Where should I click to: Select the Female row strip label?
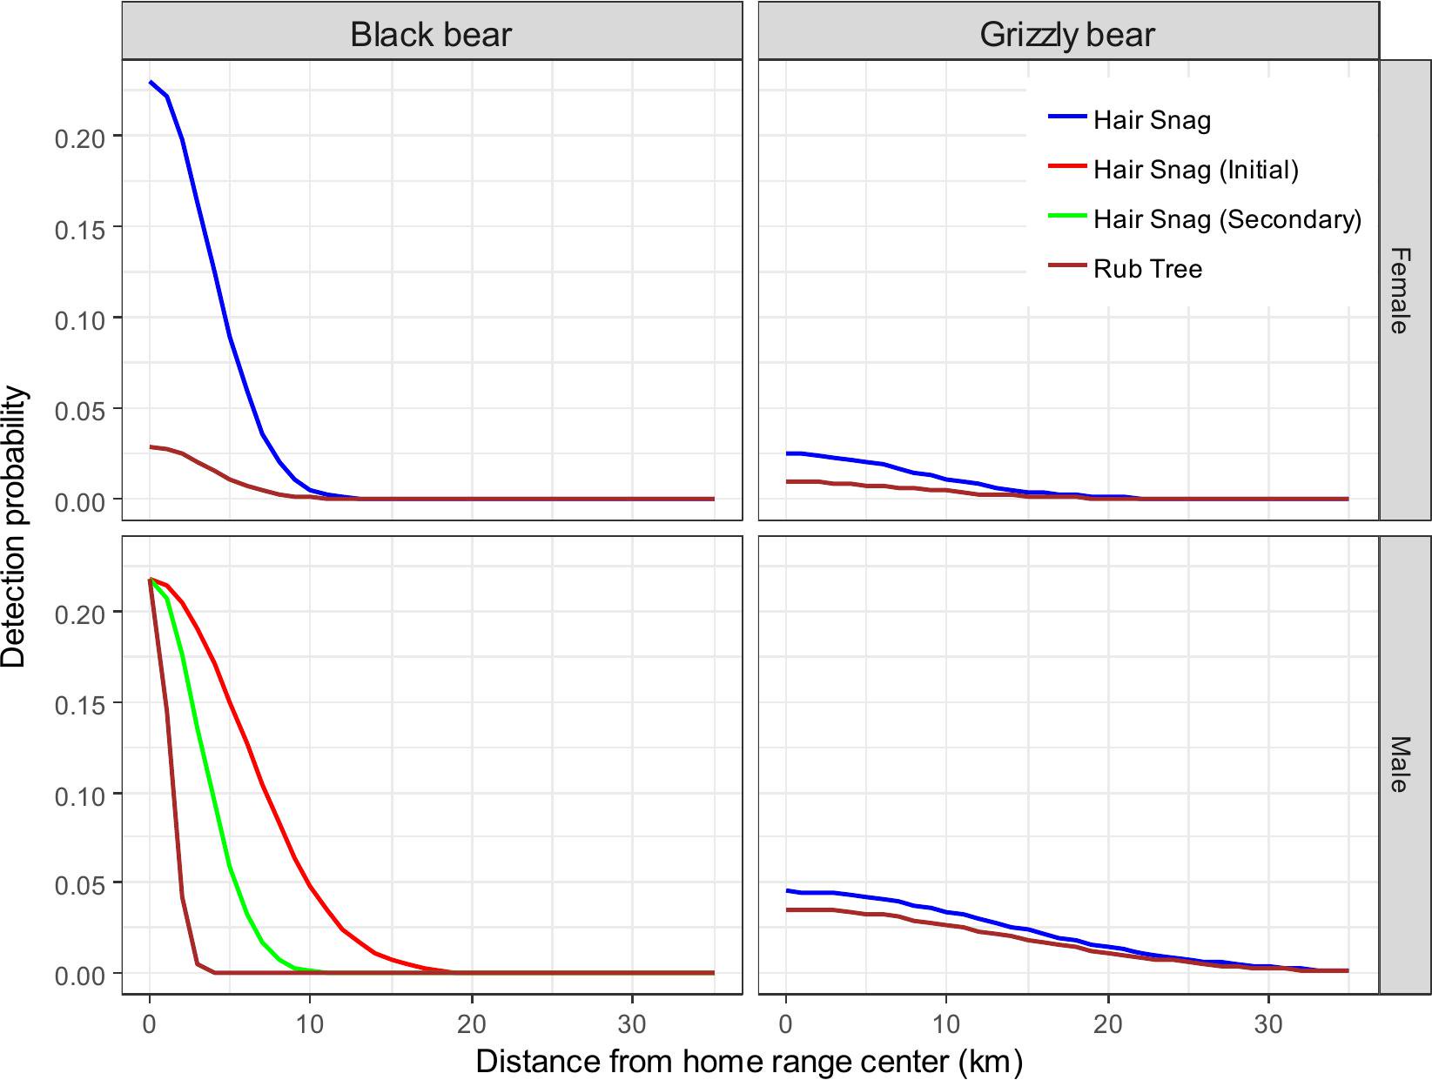pyautogui.click(x=1399, y=291)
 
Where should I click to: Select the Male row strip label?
pyautogui.click(x=1399, y=764)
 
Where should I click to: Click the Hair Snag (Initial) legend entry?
pyautogui.click(x=1196, y=170)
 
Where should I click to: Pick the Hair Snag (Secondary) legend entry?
pyautogui.click(x=1227, y=219)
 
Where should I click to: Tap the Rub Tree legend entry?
pyautogui.click(x=1147, y=269)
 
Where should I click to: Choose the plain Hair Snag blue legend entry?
pyautogui.click(x=1152, y=120)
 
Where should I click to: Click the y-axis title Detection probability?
pyautogui.click(x=15, y=527)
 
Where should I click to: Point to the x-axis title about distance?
pyautogui.click(x=749, y=1061)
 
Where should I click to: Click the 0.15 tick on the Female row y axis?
pyautogui.click(x=80, y=229)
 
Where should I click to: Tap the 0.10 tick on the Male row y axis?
pyautogui.click(x=80, y=795)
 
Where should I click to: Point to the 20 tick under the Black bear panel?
pyautogui.click(x=472, y=1024)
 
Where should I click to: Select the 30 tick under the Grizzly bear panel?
pyautogui.click(x=1268, y=1024)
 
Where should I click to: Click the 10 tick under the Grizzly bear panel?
pyautogui.click(x=946, y=1024)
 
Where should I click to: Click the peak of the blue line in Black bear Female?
pyautogui.click(x=151, y=83)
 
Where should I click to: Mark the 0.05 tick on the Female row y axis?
pyautogui.click(x=80, y=410)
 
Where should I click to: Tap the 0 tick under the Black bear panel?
pyautogui.click(x=150, y=1024)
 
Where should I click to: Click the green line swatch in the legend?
pyautogui.click(x=1068, y=215)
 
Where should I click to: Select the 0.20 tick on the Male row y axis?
pyautogui.click(x=80, y=614)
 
